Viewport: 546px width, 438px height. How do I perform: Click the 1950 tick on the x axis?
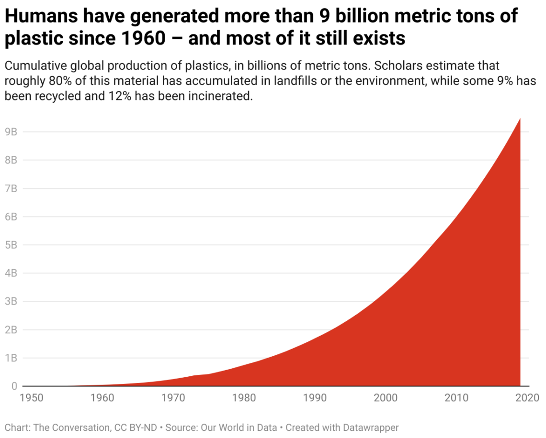(x=32, y=398)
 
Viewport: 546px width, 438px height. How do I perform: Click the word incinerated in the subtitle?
(x=216, y=96)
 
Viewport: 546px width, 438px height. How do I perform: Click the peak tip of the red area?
(x=520, y=119)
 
